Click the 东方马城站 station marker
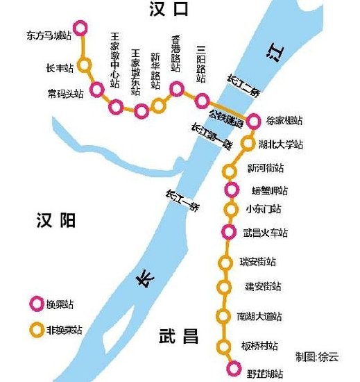[x=80, y=28]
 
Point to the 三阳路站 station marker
[x=202, y=100]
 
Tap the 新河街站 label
[x=266, y=168]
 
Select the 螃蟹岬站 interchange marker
[x=231, y=190]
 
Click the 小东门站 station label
[x=264, y=209]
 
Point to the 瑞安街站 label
[x=258, y=262]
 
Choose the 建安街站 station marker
[x=223, y=286]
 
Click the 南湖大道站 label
[x=259, y=317]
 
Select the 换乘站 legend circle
[x=35, y=304]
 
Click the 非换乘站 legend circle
[x=35, y=329]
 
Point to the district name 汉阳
[x=55, y=222]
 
